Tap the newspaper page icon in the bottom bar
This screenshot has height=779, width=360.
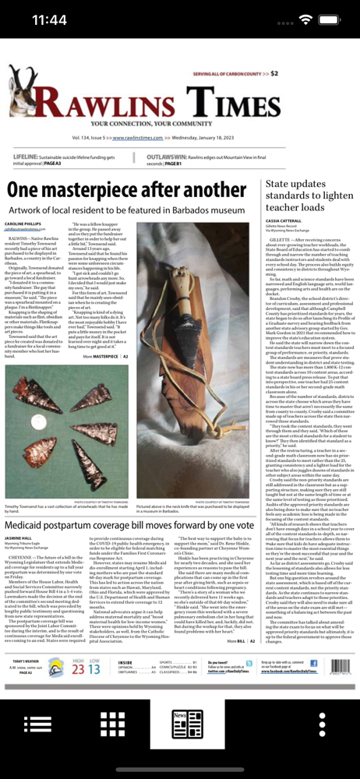180,724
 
